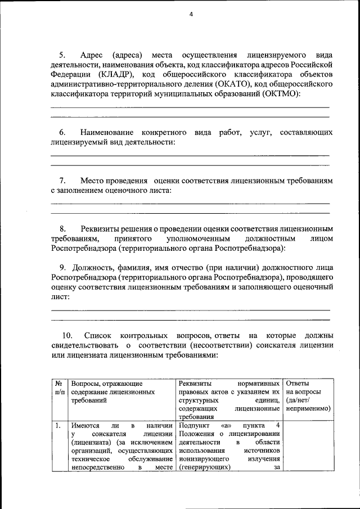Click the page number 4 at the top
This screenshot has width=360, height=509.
point(191,15)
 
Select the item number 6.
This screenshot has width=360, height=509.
point(62,132)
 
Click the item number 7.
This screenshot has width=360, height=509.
point(62,181)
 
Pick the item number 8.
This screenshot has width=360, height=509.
point(62,229)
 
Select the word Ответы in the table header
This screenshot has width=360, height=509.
point(298,382)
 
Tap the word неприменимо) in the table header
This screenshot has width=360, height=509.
point(308,408)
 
